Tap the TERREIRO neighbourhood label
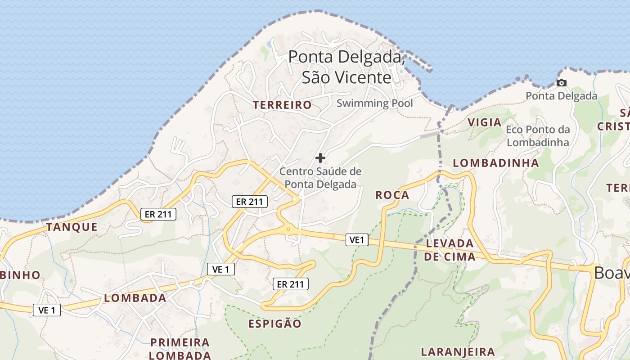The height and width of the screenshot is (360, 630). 282,105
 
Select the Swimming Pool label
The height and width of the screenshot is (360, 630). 374,103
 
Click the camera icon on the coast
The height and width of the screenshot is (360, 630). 561,83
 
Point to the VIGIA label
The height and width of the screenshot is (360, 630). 484,122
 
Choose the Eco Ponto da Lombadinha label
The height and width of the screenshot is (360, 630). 538,136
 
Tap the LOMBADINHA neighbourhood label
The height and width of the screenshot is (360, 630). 495,163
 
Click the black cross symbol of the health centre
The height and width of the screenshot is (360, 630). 320,158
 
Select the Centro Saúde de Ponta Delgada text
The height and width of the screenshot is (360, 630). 320,178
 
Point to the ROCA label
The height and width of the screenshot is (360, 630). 392,195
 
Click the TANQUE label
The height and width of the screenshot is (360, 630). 72,227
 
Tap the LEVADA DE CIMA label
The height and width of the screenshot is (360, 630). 450,250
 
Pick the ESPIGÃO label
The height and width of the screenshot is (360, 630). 274,324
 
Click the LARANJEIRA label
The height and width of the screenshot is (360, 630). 458,351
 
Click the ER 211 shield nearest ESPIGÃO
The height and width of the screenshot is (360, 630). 290,284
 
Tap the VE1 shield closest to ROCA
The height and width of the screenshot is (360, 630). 357,240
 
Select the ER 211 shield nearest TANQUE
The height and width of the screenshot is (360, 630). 158,214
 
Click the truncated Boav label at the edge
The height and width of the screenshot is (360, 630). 611,273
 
